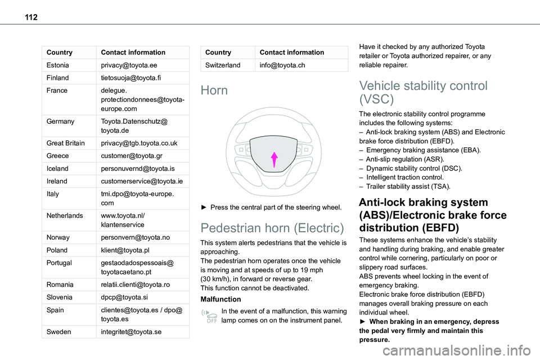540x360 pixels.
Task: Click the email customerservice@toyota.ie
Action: pos(138,182)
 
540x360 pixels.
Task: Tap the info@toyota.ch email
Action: pos(282,65)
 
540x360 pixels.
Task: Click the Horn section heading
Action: pos(214,91)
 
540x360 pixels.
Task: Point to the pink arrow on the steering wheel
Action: pos(273,159)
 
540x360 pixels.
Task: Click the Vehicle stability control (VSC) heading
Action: pos(423,93)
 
